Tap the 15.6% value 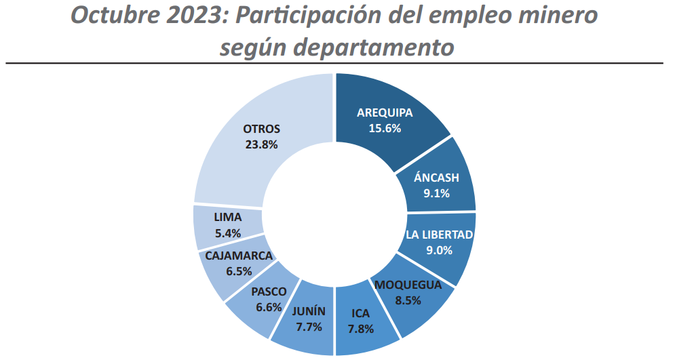[x=385, y=127]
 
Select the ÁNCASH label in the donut [x=436, y=178]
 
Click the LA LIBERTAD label [x=440, y=235]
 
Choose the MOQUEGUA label [x=408, y=284]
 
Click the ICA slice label [x=361, y=313]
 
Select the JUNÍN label [x=309, y=311]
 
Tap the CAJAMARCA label [x=239, y=256]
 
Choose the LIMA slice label [x=227, y=218]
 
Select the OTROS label [x=261, y=129]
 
